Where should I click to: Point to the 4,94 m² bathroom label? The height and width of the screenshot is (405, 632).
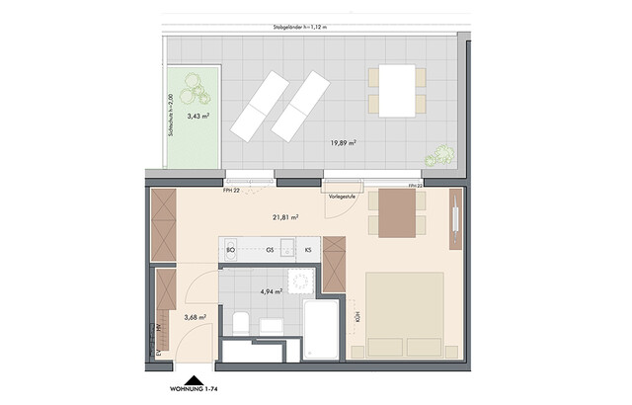click(271, 292)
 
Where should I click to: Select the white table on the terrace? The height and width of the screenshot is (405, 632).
click(397, 91)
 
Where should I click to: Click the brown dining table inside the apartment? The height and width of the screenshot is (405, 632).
click(397, 214)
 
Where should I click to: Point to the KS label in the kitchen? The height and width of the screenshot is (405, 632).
click(309, 250)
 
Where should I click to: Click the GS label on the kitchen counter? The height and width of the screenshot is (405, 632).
click(270, 250)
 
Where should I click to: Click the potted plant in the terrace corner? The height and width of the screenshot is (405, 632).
click(438, 156)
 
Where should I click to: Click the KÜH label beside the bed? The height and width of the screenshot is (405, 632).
click(357, 318)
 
